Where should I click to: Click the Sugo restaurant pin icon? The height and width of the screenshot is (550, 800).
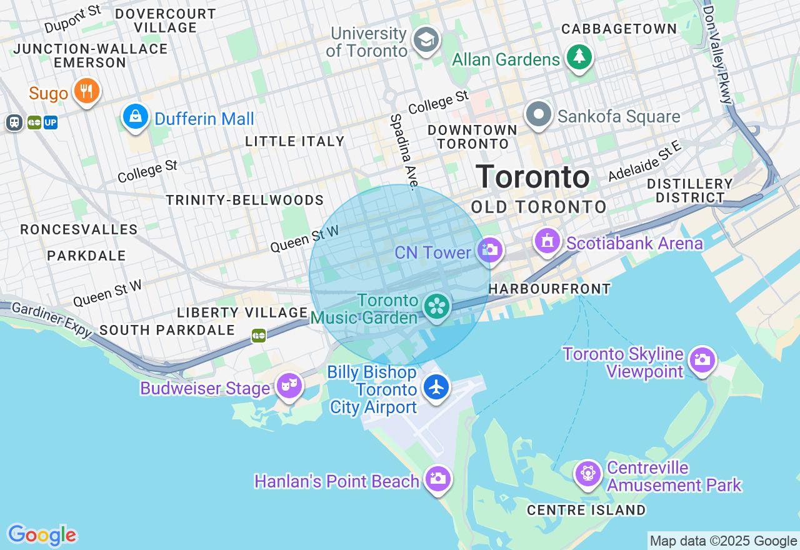coord(87,91)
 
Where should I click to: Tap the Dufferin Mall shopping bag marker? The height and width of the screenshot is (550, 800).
coord(135,116)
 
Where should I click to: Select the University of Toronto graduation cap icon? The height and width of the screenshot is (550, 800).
coord(427,40)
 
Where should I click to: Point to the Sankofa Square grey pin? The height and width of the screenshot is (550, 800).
coord(539,114)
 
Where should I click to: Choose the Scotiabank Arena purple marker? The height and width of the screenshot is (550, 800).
coord(547,241)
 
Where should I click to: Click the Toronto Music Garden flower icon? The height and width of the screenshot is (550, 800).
coord(437,306)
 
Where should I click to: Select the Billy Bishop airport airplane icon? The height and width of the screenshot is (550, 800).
coord(436,387)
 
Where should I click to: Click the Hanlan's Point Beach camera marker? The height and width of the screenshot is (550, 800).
coord(437,479)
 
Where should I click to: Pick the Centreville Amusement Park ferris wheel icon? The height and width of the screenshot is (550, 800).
coord(588,474)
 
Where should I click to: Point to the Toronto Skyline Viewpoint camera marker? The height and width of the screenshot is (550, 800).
coord(702,360)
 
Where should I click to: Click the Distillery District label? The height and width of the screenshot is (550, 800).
coord(689,191)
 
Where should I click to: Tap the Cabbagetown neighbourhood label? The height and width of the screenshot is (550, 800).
coord(619,29)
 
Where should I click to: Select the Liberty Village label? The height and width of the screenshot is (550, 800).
coord(242,312)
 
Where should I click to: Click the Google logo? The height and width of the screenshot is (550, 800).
coord(42,535)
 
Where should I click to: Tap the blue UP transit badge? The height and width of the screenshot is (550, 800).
coord(51,122)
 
